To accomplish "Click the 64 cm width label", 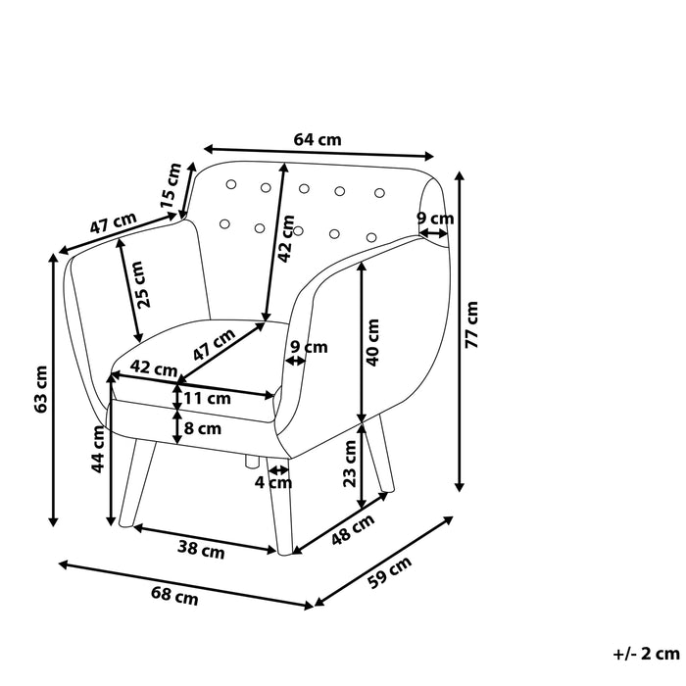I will pos(318,139).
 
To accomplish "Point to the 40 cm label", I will pos(372,342).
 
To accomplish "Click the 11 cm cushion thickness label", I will pos(207,398).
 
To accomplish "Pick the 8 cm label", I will pos(203,428).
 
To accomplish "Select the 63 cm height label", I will pos(40,388).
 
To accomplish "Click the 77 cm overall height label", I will pos(472,326).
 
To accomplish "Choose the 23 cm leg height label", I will pos(351,464).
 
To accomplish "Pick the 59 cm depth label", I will pos(389,570).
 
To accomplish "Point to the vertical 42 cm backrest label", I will pos(286,238).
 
